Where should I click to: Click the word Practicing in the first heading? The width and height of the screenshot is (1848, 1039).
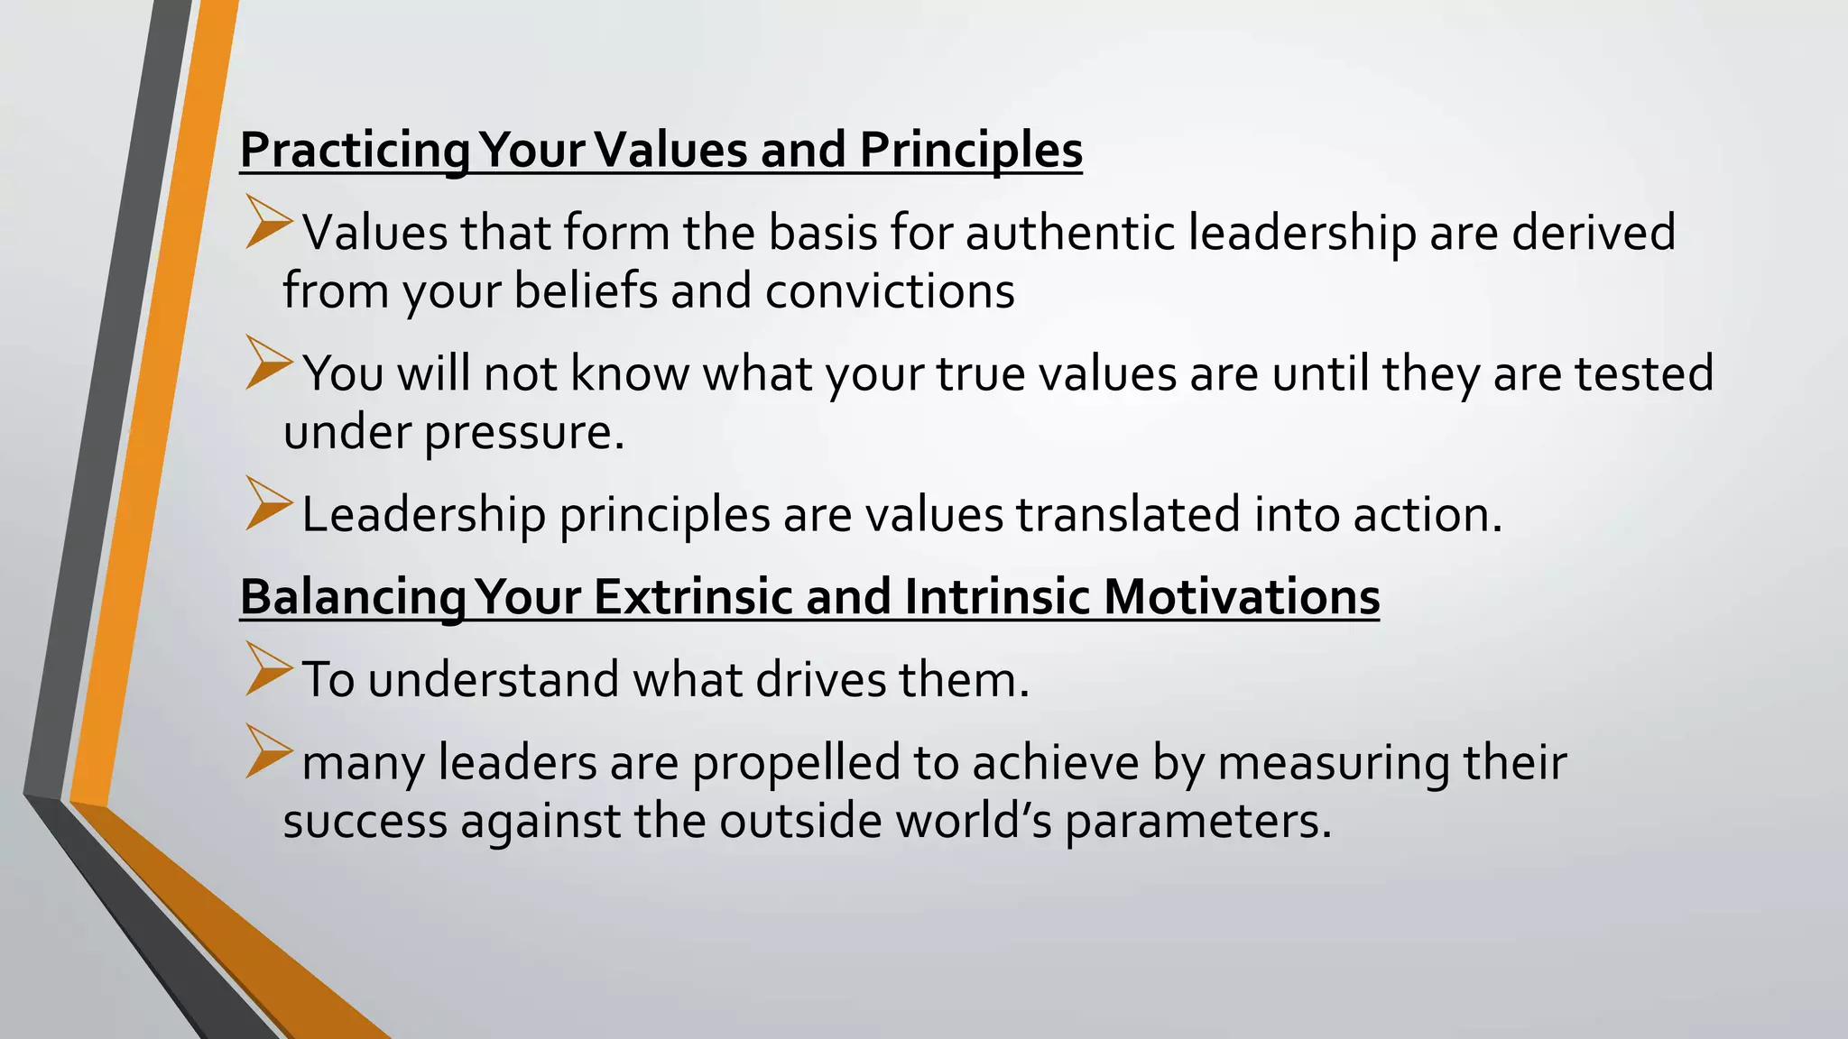(x=355, y=151)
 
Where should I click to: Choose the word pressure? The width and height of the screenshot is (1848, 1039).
(x=524, y=433)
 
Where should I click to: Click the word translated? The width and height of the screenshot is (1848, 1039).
(x=1129, y=515)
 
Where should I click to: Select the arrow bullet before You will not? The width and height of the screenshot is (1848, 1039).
(x=268, y=363)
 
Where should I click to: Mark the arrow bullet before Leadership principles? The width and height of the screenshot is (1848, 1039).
(x=268, y=505)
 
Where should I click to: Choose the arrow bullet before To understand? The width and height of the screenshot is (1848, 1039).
(x=268, y=670)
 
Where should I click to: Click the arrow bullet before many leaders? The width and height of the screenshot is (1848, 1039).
(x=268, y=752)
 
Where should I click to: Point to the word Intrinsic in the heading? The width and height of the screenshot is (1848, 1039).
(x=996, y=597)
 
